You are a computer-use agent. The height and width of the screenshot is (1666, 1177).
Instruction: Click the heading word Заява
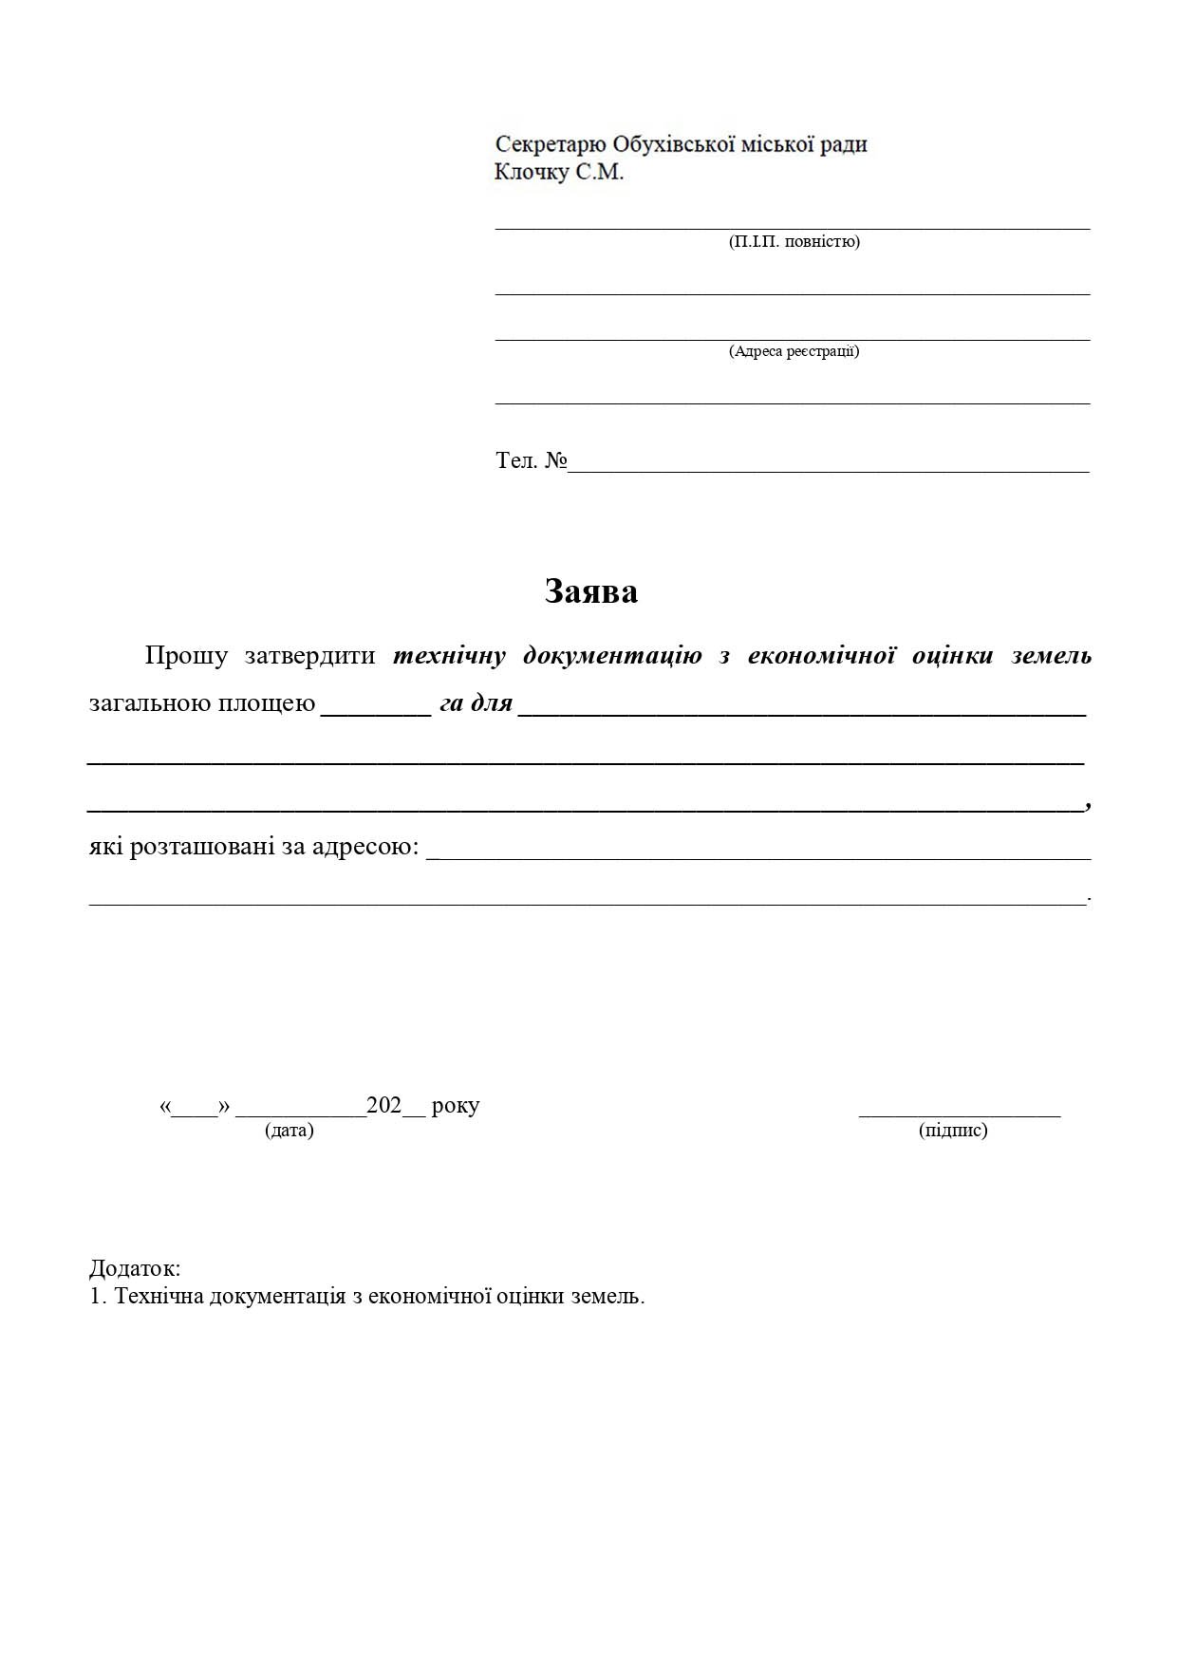[590, 591]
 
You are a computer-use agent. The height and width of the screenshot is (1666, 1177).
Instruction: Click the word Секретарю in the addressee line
[550, 144]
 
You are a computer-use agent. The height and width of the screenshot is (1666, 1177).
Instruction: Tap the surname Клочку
[531, 173]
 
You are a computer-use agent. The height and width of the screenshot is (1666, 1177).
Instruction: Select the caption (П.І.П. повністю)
[794, 241]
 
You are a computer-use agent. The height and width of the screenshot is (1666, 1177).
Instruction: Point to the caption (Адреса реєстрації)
[794, 351]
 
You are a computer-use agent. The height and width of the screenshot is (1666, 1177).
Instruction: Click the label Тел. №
[531, 461]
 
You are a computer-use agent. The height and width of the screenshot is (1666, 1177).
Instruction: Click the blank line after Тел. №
[828, 469]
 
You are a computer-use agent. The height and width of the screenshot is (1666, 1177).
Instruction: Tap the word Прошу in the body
[186, 655]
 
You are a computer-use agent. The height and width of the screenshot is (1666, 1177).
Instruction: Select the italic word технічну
[449, 655]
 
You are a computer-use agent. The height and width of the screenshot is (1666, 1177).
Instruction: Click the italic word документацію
[612, 655]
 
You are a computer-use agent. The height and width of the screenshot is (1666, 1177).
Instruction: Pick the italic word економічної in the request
[822, 655]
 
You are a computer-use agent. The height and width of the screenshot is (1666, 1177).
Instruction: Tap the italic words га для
[476, 703]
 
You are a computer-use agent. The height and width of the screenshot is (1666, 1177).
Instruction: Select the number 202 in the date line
[384, 1105]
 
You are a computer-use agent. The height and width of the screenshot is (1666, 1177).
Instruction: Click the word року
[455, 1106]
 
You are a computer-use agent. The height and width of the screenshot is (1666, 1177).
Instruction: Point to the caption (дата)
[290, 1131]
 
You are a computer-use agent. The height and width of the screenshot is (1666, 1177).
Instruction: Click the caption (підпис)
[953, 1131]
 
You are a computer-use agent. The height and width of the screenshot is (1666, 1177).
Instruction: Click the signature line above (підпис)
[959, 1115]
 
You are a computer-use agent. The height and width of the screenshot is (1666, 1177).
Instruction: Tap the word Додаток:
[135, 1268]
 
